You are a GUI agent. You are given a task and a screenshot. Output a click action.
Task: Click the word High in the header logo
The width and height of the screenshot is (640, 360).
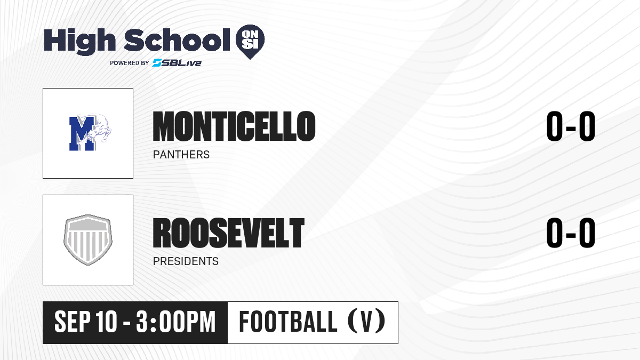(x=79, y=41)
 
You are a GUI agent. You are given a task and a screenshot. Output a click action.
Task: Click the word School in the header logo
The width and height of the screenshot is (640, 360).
(x=177, y=39)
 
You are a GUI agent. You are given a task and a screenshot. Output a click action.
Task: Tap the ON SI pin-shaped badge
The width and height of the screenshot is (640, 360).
(x=250, y=42)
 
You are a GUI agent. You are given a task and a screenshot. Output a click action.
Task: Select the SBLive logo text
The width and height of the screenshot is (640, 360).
(x=177, y=63)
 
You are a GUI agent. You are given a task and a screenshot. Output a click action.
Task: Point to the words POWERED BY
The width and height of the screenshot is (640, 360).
(x=130, y=63)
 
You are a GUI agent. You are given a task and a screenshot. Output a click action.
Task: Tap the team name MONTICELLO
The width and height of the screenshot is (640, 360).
(x=234, y=126)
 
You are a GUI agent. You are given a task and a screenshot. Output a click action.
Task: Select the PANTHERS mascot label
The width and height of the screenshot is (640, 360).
(x=181, y=155)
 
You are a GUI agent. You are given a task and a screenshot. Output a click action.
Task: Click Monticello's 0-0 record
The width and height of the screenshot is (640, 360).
(x=571, y=126)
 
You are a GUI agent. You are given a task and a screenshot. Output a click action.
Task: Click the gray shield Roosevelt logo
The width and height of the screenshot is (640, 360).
(x=88, y=240)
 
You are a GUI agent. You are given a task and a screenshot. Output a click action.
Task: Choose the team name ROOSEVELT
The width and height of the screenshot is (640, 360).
(x=229, y=233)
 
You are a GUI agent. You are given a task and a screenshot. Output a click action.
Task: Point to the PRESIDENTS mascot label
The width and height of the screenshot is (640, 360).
(x=186, y=261)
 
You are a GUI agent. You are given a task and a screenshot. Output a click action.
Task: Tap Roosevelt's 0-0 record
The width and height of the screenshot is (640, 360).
(x=571, y=233)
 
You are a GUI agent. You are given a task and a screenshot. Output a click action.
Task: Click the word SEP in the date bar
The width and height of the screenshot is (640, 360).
(x=73, y=322)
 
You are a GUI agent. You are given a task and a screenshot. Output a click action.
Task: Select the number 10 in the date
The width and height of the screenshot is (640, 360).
(x=106, y=322)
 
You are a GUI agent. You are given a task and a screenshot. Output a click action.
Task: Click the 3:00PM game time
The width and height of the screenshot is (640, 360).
(x=175, y=322)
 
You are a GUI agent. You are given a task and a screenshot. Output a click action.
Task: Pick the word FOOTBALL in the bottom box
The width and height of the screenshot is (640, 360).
(x=288, y=322)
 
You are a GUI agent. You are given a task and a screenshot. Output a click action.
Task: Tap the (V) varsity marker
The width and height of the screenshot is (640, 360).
(x=366, y=321)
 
